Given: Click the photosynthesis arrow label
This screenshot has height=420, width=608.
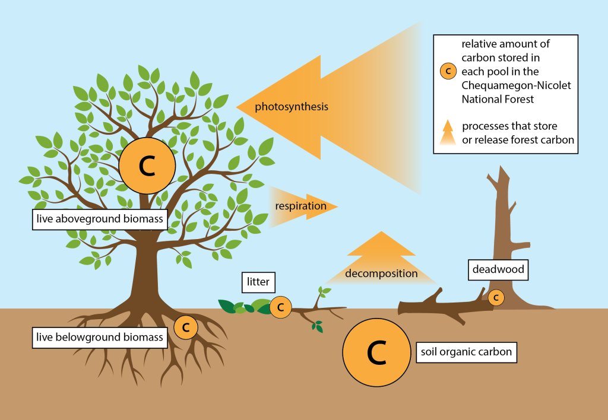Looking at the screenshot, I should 292,107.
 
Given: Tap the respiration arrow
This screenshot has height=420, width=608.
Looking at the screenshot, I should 300,206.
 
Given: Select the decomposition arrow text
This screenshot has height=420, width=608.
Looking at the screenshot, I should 381,273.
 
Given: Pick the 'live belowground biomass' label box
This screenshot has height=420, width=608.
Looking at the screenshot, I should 99,338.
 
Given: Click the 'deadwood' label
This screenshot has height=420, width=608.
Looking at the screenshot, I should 498,269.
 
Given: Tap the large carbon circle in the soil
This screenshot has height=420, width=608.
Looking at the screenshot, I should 377,353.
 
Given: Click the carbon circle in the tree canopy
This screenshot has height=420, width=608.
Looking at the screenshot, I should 147,167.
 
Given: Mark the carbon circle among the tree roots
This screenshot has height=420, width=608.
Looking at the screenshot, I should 185,327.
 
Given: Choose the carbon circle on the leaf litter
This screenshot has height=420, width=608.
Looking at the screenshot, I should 281,307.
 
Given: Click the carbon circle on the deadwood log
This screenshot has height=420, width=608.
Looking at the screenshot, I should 496,297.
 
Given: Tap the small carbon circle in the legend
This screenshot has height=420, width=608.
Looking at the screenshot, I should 448,72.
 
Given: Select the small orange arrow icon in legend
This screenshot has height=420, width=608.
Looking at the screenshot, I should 448,132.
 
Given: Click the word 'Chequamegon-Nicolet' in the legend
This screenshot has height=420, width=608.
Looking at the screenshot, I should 515,85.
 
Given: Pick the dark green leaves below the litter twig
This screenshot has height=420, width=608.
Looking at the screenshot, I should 318,326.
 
